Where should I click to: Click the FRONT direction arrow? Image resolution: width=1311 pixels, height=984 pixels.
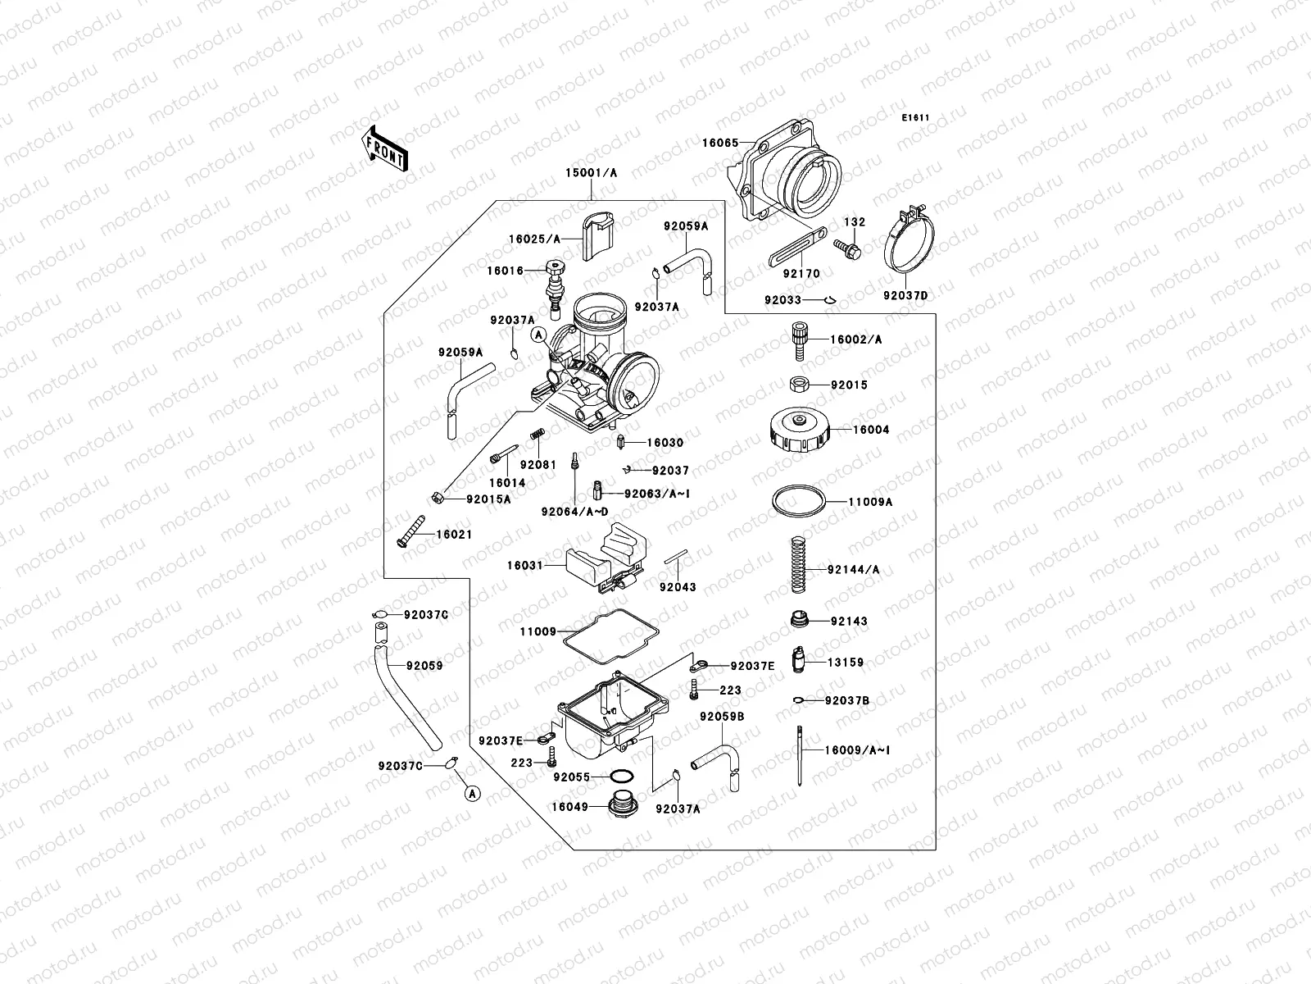[384, 148]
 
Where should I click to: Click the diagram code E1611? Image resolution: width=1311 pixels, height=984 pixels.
[916, 118]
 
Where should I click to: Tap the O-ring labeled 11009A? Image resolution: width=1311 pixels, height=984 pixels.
[798, 500]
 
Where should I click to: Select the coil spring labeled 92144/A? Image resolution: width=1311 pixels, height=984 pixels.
[798, 564]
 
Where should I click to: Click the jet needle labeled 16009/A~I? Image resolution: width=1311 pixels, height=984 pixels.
[799, 754]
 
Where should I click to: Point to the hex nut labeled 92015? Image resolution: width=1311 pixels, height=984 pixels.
[800, 385]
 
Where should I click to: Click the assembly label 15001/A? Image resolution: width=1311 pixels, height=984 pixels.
[591, 173]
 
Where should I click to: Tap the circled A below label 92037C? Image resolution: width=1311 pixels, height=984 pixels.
[472, 793]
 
